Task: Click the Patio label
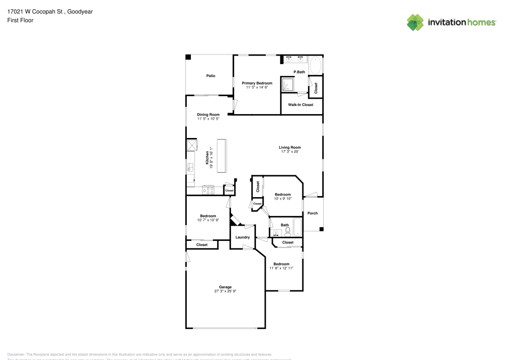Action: [210, 76]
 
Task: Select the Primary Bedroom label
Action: [257, 83]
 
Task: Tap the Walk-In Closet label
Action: [300, 104]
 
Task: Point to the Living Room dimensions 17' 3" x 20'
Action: [290, 152]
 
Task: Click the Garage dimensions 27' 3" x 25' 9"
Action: [225, 291]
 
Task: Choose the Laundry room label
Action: [242, 237]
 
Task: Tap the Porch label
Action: [312, 213]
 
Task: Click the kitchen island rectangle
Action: [221, 156]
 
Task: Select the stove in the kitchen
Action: [208, 190]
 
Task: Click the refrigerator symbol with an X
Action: [191, 146]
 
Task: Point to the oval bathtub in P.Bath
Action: [315, 65]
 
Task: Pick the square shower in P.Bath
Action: [288, 84]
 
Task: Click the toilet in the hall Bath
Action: [288, 232]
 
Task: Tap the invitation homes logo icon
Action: [415, 22]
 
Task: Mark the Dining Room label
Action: [208, 115]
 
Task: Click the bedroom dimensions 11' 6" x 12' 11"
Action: [281, 268]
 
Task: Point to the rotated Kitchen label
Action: [207, 157]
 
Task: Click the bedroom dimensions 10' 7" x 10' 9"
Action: [208, 220]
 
